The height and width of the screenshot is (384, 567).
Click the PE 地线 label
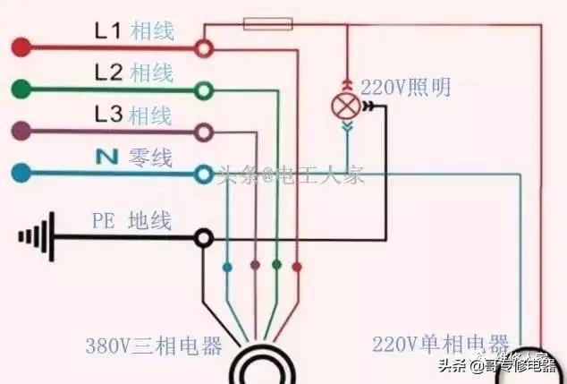tap(131, 219)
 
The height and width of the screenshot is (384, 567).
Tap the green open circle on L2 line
tap(205, 89)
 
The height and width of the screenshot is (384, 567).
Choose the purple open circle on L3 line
tap(205, 132)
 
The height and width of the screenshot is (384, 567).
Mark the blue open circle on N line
tap(205, 173)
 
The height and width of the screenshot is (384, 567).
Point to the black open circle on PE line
tap(205, 237)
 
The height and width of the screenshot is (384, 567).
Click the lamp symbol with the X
tap(345, 107)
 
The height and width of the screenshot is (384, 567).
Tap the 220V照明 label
tap(405, 88)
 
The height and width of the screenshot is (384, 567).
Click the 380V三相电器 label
tap(154, 346)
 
